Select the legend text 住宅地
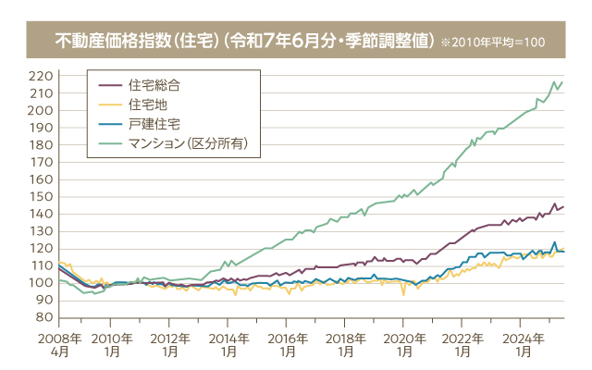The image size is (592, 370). [148, 104]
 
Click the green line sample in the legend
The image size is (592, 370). [110, 142]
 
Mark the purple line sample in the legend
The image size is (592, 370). [110, 84]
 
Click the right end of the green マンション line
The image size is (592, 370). [563, 81]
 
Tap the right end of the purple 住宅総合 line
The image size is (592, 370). [563, 206]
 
